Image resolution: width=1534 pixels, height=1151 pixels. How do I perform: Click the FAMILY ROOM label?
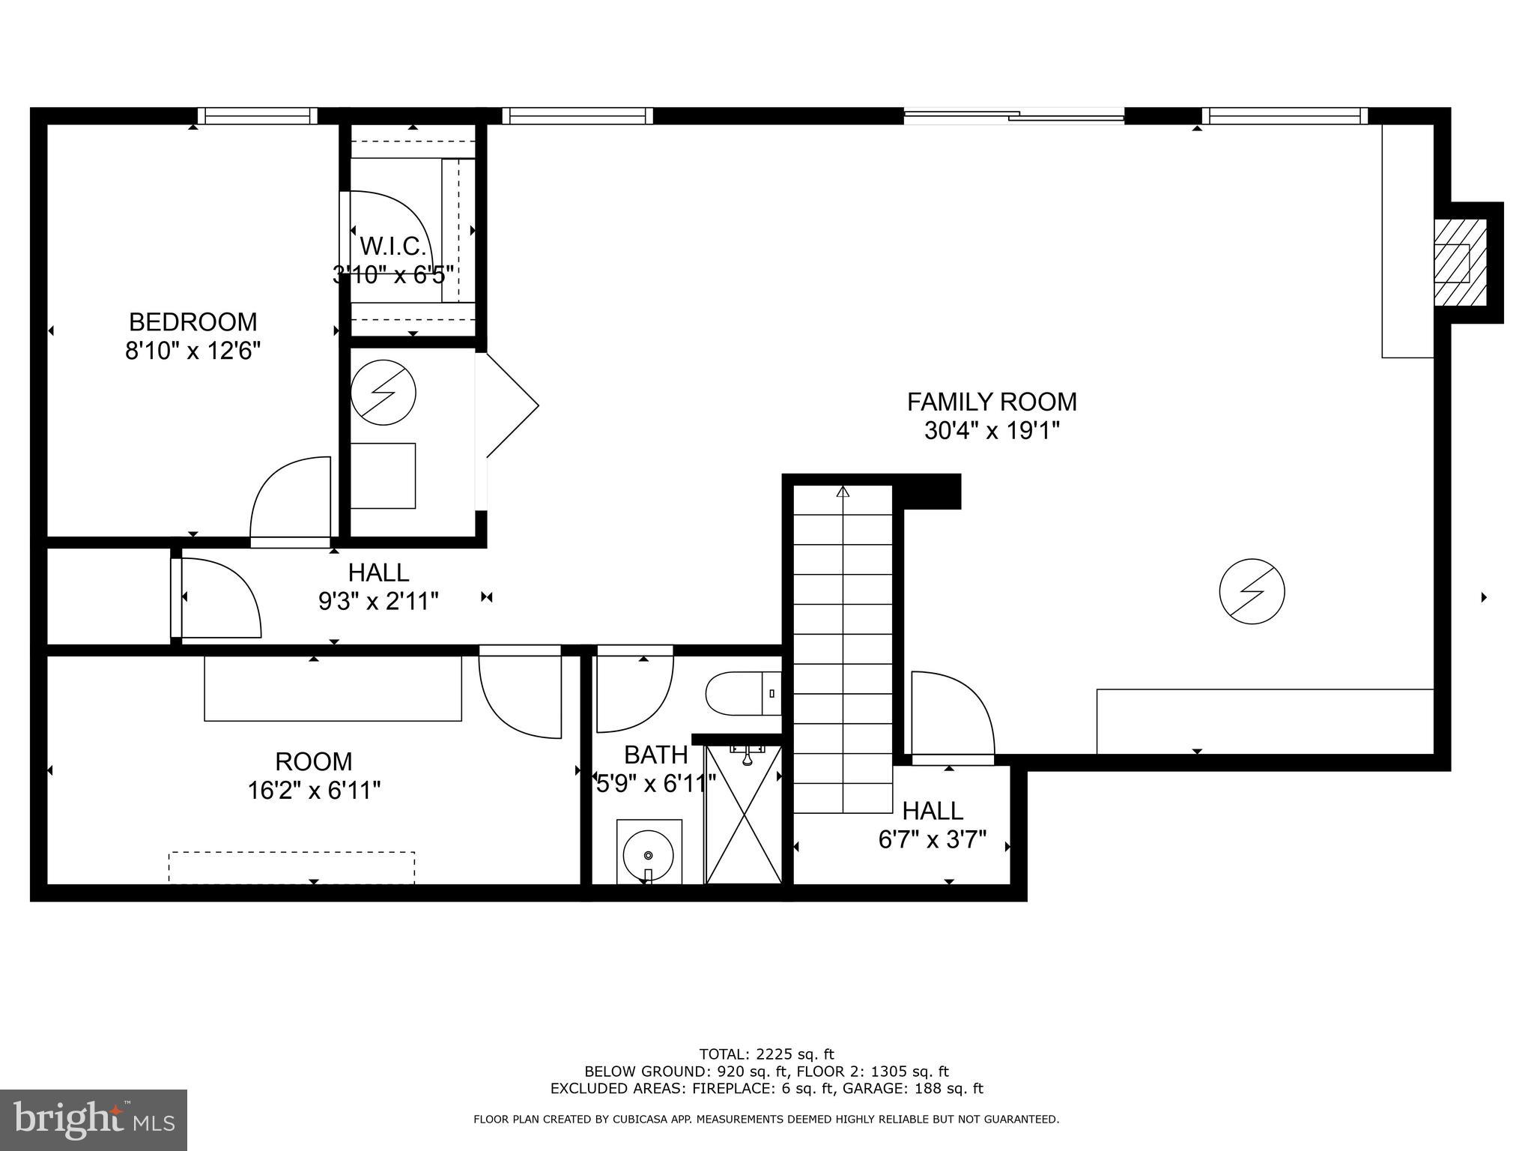click(x=991, y=402)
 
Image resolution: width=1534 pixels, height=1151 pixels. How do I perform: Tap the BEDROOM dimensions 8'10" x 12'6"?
click(x=192, y=351)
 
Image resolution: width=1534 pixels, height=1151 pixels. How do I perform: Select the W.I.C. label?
click(x=392, y=246)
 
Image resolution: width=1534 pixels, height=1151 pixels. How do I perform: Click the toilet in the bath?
click(x=742, y=693)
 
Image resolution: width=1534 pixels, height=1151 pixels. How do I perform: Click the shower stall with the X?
click(x=743, y=815)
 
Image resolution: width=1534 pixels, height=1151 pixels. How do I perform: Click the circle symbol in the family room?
click(x=1252, y=590)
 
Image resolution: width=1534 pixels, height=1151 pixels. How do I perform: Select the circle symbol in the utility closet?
click(x=383, y=392)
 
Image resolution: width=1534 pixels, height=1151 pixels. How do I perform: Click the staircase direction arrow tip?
click(x=843, y=492)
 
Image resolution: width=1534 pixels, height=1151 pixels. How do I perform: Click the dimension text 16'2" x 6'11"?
click(x=314, y=791)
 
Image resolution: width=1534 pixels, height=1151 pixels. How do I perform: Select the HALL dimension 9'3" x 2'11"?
click(x=378, y=601)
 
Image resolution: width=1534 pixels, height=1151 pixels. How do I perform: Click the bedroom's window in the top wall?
click(x=258, y=115)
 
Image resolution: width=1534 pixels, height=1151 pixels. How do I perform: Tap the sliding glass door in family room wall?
click(x=1013, y=115)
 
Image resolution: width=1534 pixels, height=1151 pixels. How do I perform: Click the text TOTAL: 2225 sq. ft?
click(x=766, y=1054)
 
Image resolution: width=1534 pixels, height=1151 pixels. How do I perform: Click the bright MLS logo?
click(x=94, y=1120)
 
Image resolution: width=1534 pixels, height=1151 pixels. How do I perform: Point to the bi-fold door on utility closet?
click(x=511, y=405)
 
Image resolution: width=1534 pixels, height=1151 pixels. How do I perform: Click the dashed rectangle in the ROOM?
click(x=291, y=867)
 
